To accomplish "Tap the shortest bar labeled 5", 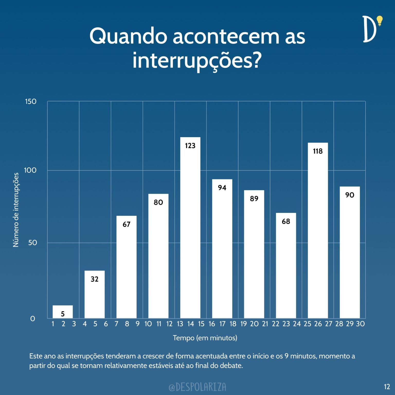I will click(x=63, y=312).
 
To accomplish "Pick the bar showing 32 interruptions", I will click(x=95, y=296).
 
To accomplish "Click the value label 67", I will click(x=126, y=225).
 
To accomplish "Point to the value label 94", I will click(x=222, y=188).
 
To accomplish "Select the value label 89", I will click(x=254, y=199).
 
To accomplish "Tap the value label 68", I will click(x=286, y=221).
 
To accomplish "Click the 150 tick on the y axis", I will click(x=31, y=102).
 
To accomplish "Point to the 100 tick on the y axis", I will click(x=30, y=170).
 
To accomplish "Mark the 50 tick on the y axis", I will click(x=33, y=243).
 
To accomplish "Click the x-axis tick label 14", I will click(x=191, y=324).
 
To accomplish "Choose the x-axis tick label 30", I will click(x=360, y=324).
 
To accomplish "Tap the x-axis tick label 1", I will click(x=53, y=324).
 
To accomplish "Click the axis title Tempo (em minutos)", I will click(x=205, y=338).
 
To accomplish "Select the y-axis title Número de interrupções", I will click(x=16, y=210).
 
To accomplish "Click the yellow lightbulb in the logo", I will click(x=379, y=21).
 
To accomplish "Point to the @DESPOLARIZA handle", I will click(x=197, y=387).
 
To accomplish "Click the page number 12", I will click(x=387, y=387).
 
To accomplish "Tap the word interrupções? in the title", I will click(x=197, y=61).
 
